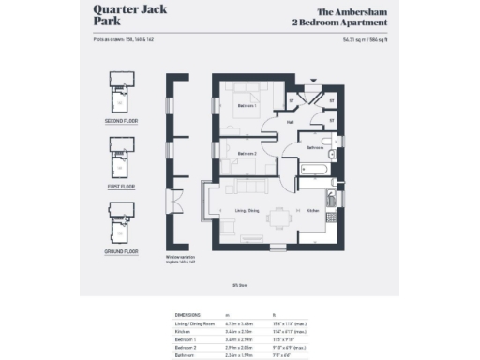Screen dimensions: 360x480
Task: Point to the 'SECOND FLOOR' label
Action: click(x=122, y=121)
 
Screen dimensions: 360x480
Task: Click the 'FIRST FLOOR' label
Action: click(x=122, y=187)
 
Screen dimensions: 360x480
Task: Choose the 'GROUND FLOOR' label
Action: click(x=122, y=251)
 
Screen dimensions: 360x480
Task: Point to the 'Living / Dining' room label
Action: click(x=246, y=212)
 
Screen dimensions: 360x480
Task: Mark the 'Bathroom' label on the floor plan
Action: click(x=314, y=147)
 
